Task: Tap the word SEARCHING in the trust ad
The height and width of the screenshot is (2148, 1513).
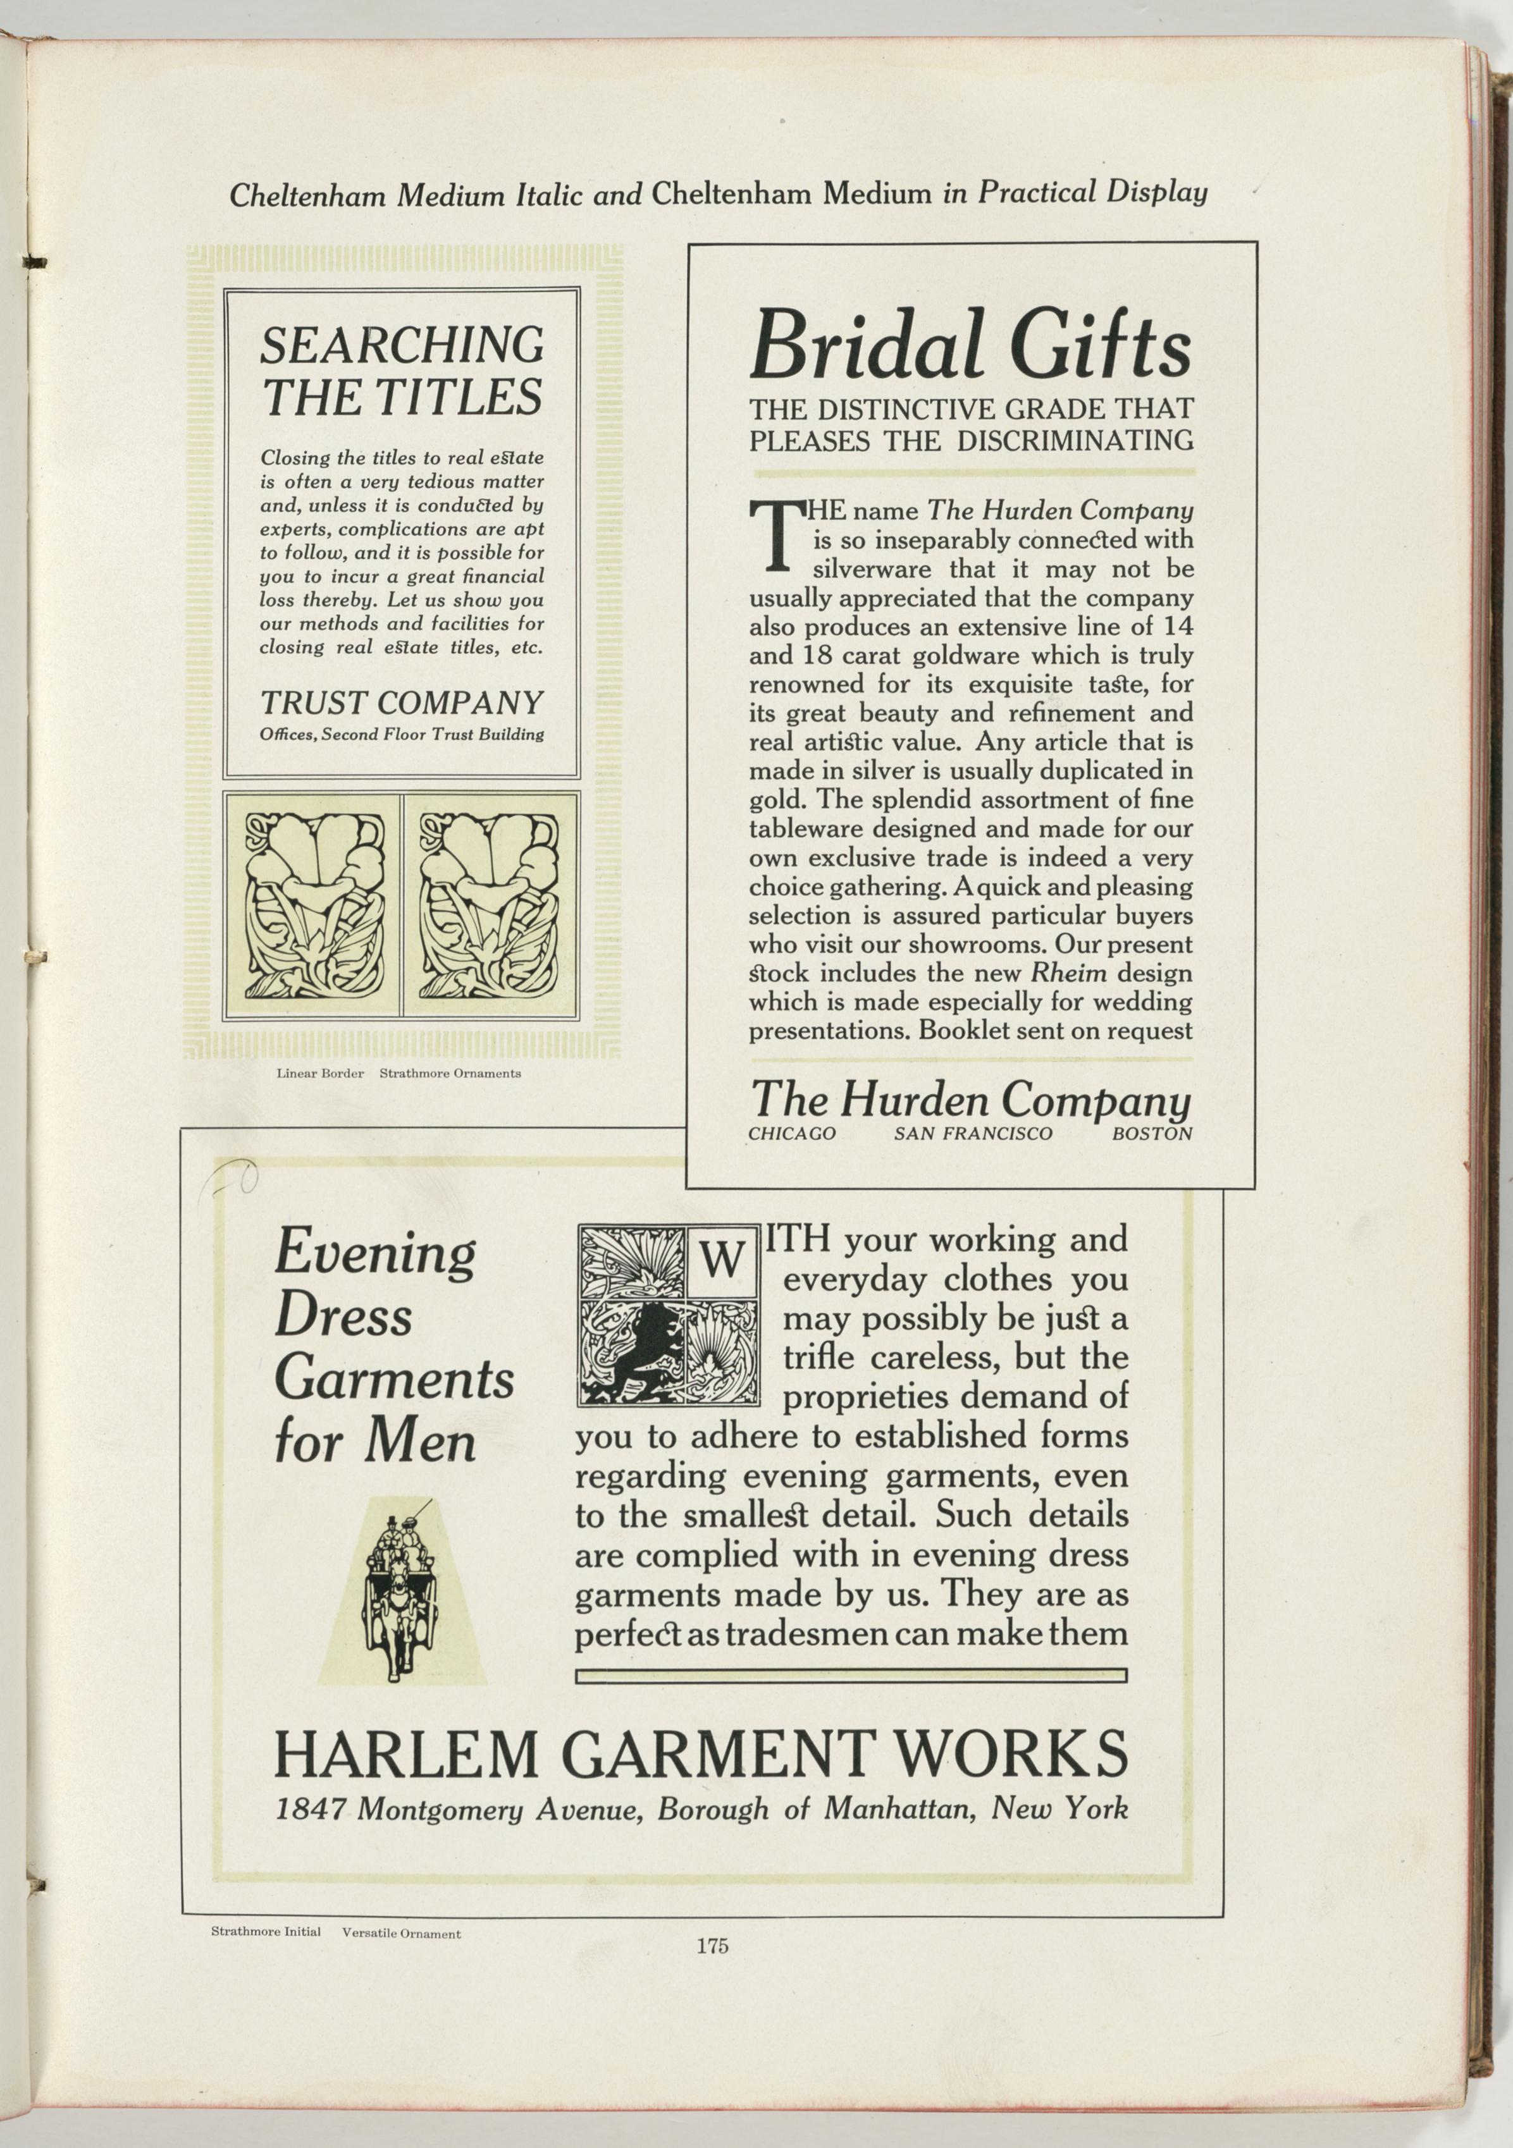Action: coord(402,345)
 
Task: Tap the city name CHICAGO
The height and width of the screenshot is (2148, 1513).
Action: coord(791,1134)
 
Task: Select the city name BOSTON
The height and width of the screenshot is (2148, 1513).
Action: coord(1152,1134)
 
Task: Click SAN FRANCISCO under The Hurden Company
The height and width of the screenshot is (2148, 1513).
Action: coord(973,1134)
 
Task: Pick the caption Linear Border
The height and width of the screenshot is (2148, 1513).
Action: coord(320,1073)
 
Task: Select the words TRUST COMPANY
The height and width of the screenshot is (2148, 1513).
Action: coord(402,703)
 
